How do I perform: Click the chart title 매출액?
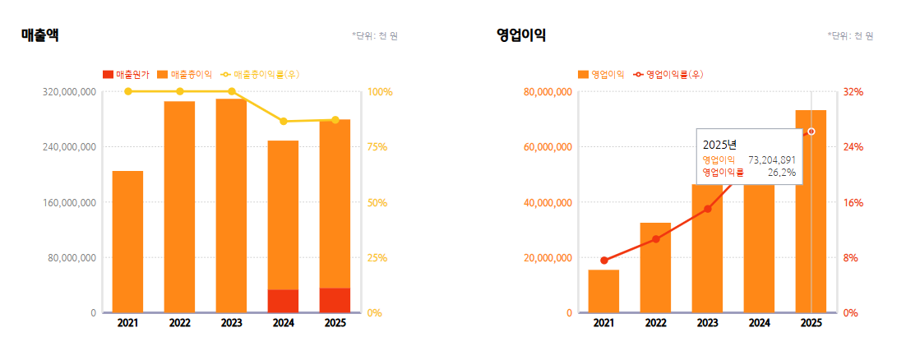point(39,35)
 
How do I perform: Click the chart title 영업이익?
point(521,35)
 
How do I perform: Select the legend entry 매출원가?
point(127,75)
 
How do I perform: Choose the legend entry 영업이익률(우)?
point(668,75)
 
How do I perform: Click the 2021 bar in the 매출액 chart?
point(127,242)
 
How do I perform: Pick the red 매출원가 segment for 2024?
point(283,301)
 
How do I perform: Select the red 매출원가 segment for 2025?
point(335,300)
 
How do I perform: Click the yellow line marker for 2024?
point(283,122)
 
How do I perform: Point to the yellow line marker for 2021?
point(127,91)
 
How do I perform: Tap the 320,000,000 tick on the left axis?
point(69,92)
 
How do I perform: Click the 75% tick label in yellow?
point(377,147)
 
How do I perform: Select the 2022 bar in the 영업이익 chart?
point(655,268)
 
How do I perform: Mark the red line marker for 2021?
point(603,261)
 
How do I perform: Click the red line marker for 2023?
point(707,209)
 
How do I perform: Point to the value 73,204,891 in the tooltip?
point(772,159)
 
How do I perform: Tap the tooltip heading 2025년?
point(719,145)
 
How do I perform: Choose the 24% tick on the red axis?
point(853,147)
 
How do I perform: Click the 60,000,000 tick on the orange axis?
point(548,147)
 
